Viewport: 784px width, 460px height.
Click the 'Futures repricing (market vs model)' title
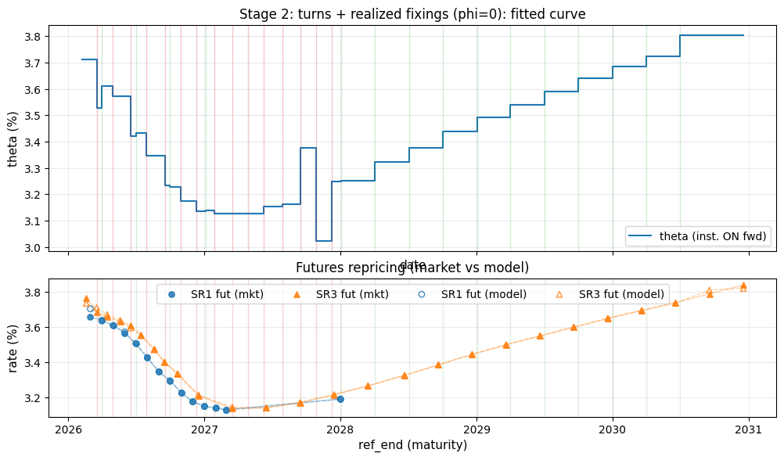(412, 268)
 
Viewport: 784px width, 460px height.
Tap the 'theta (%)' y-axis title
(13, 138)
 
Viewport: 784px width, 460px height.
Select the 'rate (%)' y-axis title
(13, 345)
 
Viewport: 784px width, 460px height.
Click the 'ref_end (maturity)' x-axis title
(412, 445)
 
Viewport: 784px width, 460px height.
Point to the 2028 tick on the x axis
(340, 429)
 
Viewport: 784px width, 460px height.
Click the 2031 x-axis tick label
(749, 429)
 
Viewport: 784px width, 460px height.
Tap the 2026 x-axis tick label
(68, 429)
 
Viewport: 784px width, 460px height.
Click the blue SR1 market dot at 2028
(340, 399)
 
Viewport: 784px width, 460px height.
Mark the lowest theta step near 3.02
(324, 240)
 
